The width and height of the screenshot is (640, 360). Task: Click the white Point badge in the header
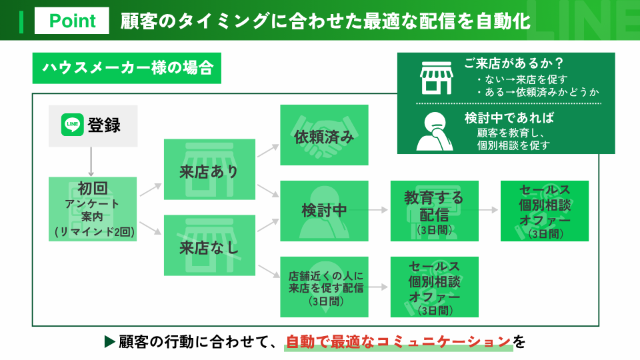pos(72,21)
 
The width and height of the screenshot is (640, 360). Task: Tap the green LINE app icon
pos(72,125)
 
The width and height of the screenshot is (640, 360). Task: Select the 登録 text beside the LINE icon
pos(104,125)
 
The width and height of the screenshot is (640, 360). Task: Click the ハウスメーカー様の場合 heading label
pos(127,68)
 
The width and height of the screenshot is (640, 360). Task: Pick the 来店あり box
pos(209,169)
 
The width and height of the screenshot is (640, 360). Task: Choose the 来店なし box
pos(209,245)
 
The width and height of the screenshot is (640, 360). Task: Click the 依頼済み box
pos(324,135)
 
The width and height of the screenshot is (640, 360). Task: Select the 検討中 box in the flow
pos(324,211)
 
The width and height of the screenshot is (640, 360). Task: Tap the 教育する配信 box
pos(434,211)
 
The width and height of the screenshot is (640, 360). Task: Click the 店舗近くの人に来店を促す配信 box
pos(324,287)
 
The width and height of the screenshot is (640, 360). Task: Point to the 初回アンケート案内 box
pos(93,209)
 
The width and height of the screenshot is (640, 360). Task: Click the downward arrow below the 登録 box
pos(91,161)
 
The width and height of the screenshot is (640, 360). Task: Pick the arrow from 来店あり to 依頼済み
pos(268,151)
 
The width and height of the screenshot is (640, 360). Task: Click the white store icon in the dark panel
pos(436,78)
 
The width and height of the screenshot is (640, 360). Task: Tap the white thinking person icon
pos(434,131)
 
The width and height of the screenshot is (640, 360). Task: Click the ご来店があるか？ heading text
pos(514,63)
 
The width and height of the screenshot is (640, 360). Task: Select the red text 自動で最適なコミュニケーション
pos(399,342)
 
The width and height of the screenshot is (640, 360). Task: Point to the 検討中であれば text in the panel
pos(509,118)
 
